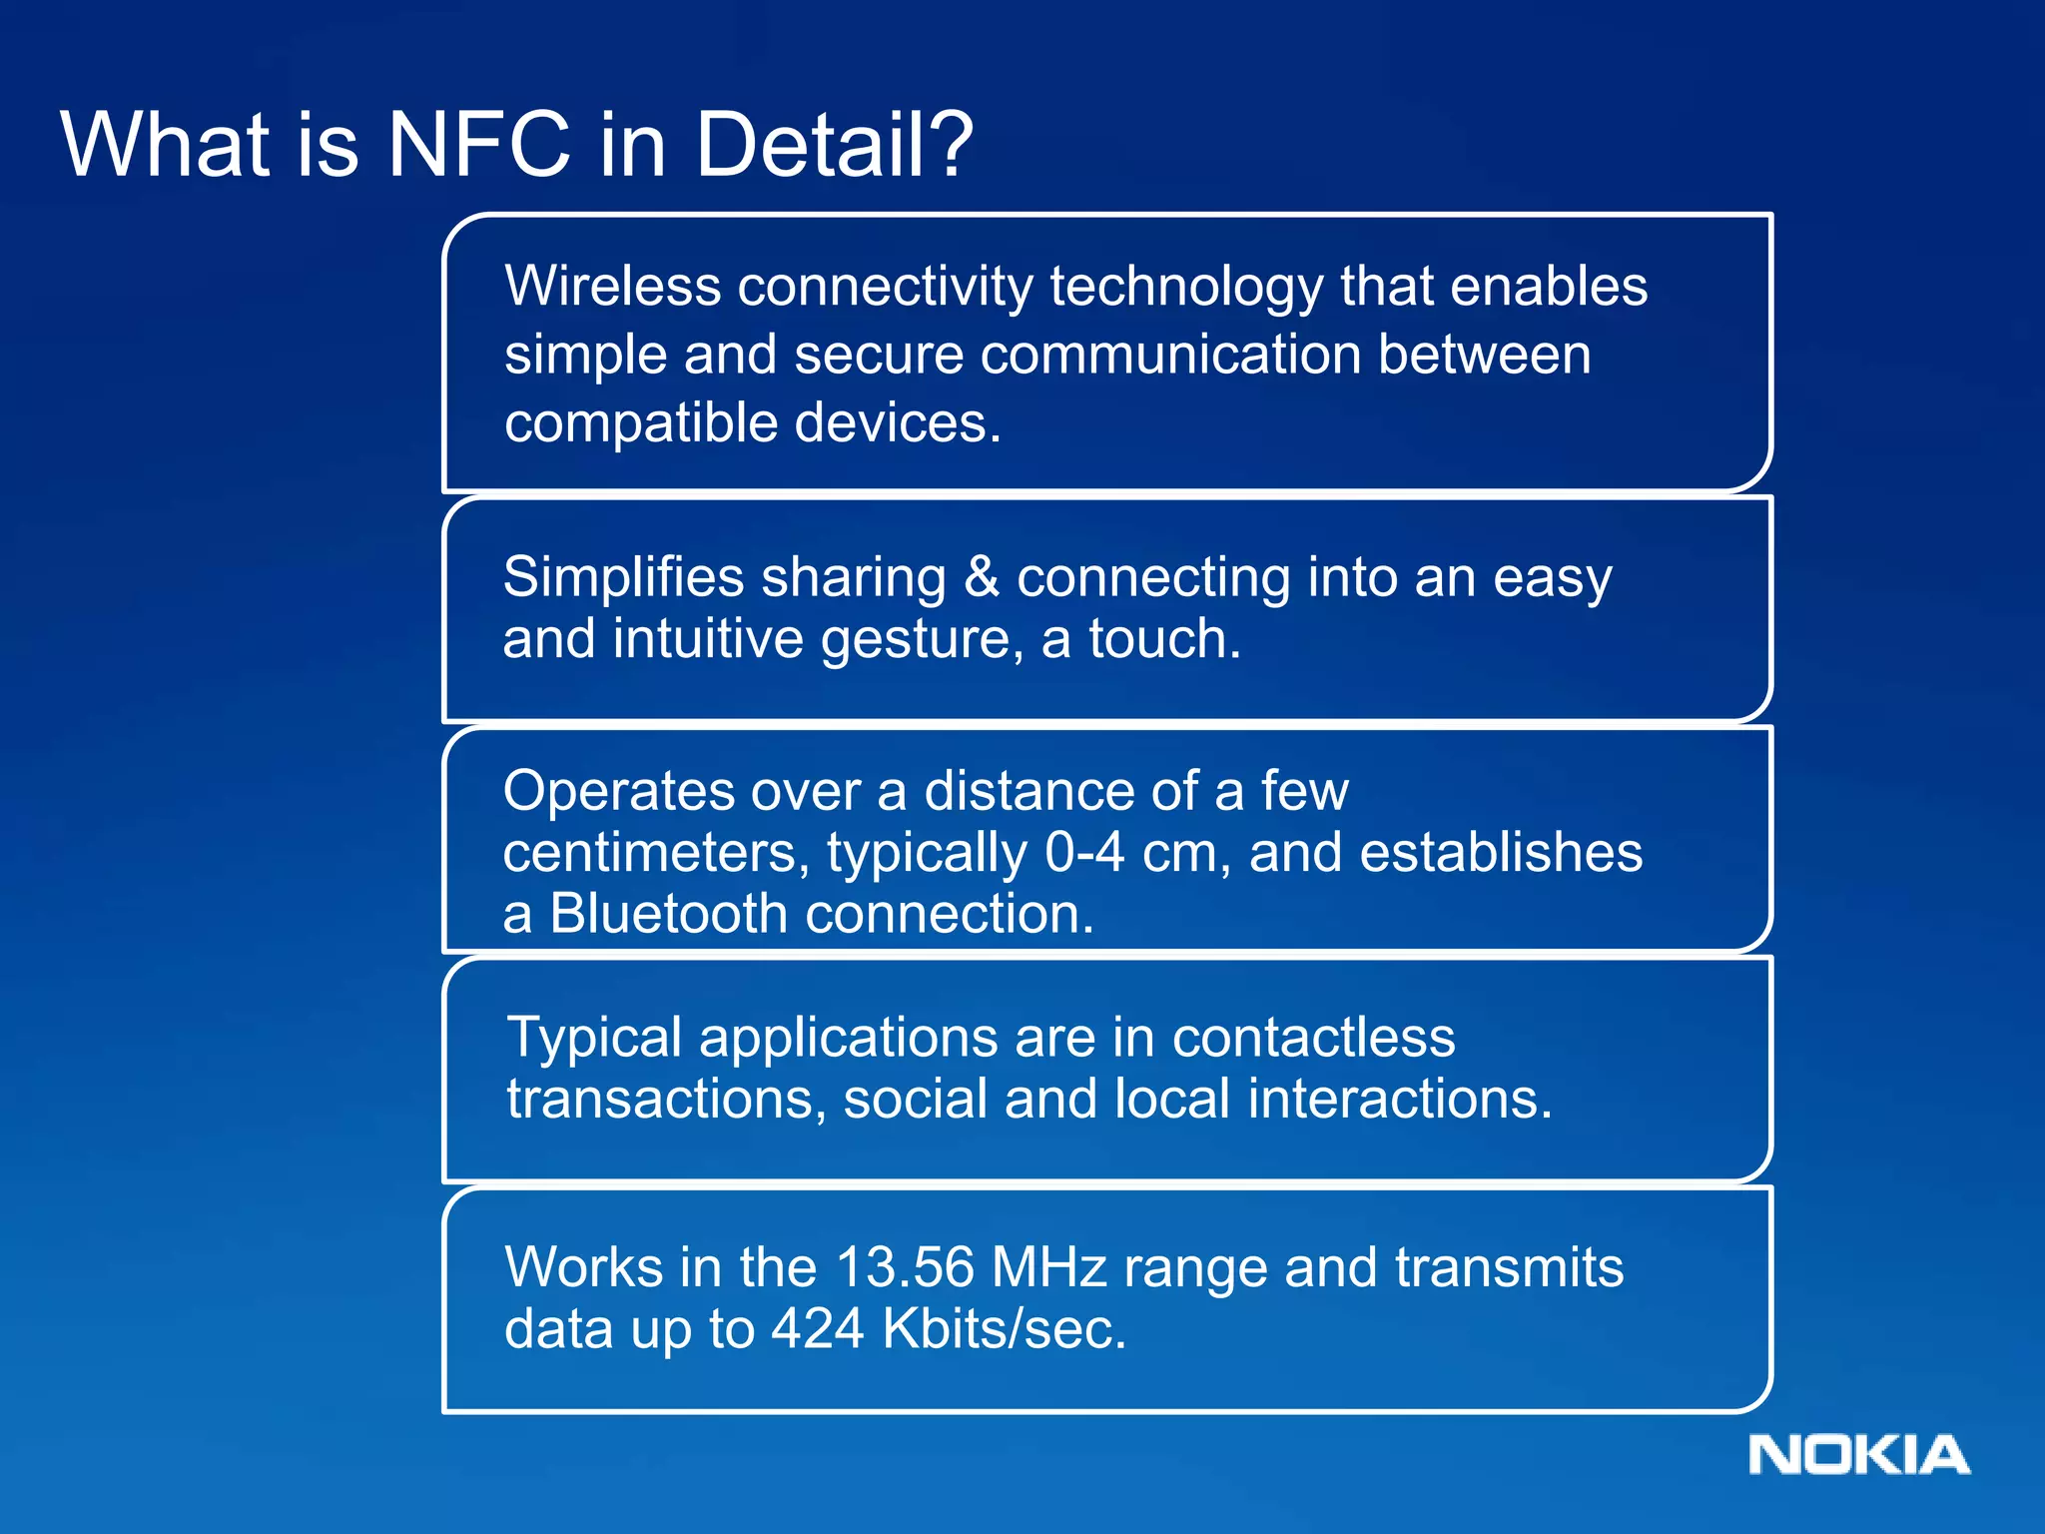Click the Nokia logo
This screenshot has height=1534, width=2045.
(x=1858, y=1455)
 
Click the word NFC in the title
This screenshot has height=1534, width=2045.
(x=478, y=145)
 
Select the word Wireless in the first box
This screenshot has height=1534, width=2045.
(x=612, y=287)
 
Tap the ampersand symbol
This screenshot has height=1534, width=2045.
(x=982, y=577)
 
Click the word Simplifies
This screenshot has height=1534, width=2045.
(x=624, y=578)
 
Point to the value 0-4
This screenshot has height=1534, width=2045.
(x=1084, y=853)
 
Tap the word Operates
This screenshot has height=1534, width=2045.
(x=618, y=791)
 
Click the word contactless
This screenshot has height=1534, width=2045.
(x=1313, y=1038)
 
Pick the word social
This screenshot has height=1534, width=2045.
(x=915, y=1099)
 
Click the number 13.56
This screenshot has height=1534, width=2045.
(x=904, y=1267)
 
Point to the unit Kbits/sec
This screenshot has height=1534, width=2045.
(x=1004, y=1329)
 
